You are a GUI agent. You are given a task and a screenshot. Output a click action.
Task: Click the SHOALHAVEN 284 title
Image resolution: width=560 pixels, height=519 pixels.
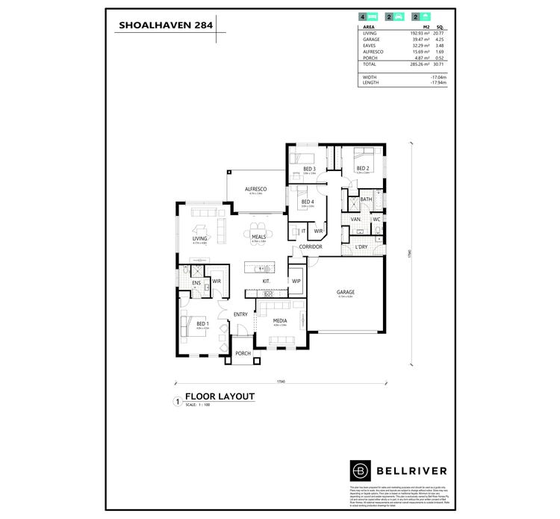(165, 25)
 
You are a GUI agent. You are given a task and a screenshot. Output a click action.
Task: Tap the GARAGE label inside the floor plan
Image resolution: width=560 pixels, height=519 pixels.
(345, 292)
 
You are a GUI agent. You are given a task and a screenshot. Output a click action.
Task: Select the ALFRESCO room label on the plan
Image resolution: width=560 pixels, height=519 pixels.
(255, 189)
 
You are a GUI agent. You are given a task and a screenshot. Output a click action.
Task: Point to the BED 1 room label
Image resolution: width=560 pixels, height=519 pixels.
(202, 323)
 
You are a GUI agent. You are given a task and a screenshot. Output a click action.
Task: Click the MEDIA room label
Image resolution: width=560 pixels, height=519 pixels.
(279, 320)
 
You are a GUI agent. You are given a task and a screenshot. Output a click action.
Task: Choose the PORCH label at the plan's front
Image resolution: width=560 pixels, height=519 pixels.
(243, 354)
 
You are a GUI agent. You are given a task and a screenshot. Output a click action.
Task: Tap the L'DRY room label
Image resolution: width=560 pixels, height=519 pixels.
(361, 246)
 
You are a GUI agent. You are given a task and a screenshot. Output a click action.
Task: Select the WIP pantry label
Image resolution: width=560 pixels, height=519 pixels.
(296, 281)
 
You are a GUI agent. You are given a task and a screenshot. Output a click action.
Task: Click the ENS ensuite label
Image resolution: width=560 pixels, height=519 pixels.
(196, 283)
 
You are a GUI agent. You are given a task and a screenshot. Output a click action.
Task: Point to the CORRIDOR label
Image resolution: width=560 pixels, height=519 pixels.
(310, 246)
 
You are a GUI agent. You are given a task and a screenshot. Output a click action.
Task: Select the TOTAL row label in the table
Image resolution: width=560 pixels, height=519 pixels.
(370, 65)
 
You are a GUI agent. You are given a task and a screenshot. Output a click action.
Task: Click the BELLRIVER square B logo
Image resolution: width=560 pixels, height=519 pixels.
(360, 470)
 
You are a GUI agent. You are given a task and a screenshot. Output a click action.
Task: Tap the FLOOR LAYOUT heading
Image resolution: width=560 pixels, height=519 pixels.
(220, 396)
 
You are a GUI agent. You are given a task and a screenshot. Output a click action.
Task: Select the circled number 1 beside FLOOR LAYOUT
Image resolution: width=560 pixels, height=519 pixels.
(176, 401)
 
